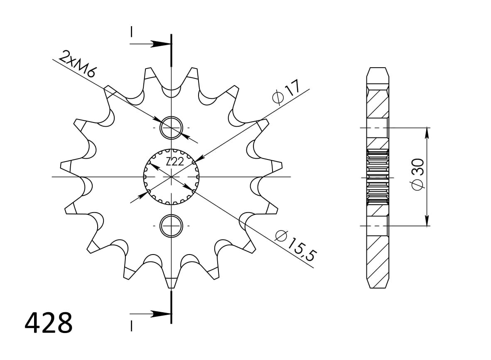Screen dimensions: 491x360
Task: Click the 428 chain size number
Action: pyautogui.click(x=49, y=323)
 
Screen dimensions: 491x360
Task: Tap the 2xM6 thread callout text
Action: pyautogui.click(x=77, y=64)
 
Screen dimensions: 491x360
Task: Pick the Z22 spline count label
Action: pyautogui.click(x=174, y=162)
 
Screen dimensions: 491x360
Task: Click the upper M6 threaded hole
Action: pyautogui.click(x=171, y=128)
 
